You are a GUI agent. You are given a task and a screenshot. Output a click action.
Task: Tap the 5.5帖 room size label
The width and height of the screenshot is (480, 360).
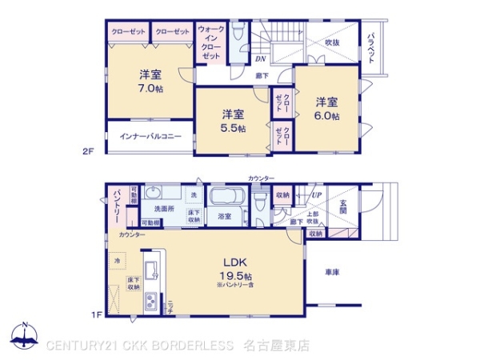234,128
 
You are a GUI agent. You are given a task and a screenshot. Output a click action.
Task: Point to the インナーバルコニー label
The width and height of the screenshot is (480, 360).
150,137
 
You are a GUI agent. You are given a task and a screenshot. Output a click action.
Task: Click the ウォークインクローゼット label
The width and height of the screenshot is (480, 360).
211,43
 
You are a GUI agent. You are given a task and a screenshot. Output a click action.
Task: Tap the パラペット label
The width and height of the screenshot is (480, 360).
372,46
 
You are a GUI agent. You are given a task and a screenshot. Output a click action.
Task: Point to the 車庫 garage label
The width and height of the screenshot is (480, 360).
332,273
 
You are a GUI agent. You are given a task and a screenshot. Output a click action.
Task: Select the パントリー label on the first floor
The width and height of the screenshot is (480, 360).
116,206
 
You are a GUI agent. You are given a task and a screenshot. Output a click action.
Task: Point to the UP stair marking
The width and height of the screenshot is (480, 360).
317,195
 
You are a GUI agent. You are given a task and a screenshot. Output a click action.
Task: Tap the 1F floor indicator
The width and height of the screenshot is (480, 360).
96,314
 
